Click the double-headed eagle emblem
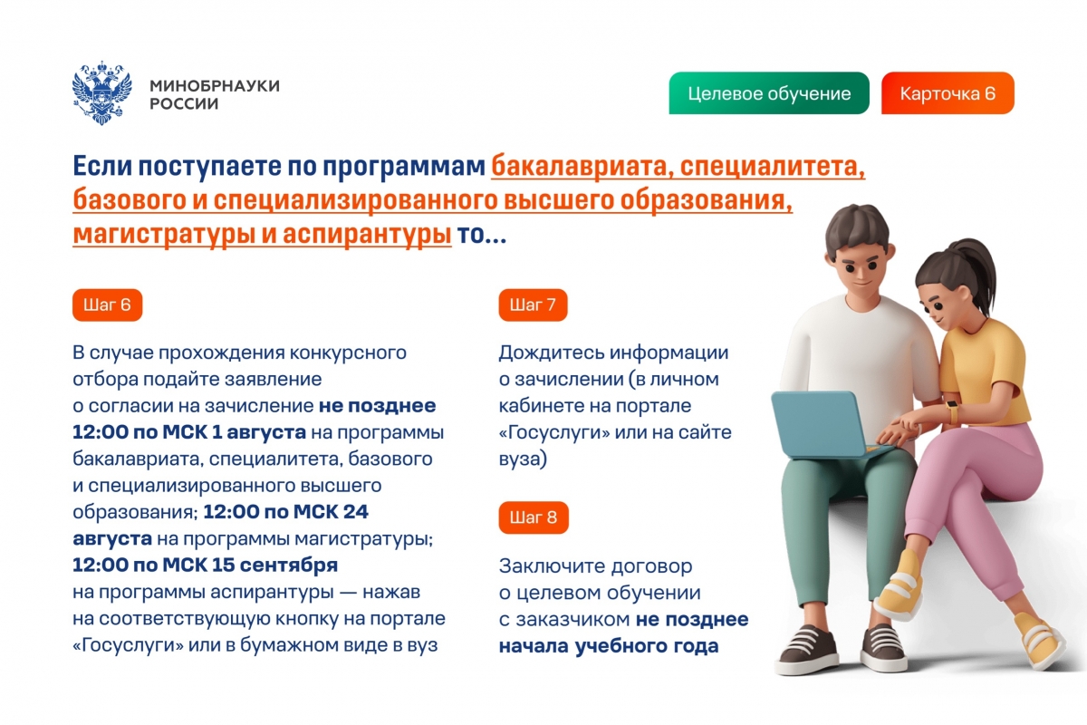pos(101,92)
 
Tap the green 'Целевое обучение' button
pos(769,93)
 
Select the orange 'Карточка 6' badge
pos(948,93)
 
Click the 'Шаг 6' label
pos(107,305)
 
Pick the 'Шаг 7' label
pos(533,305)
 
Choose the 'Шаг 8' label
pos(534,517)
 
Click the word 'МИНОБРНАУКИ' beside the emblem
pos(215,86)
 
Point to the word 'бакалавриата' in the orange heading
pos(582,167)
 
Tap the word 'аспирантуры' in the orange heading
pos(367,235)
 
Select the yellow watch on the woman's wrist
pos(953,411)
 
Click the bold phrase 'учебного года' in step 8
pos(647,646)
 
